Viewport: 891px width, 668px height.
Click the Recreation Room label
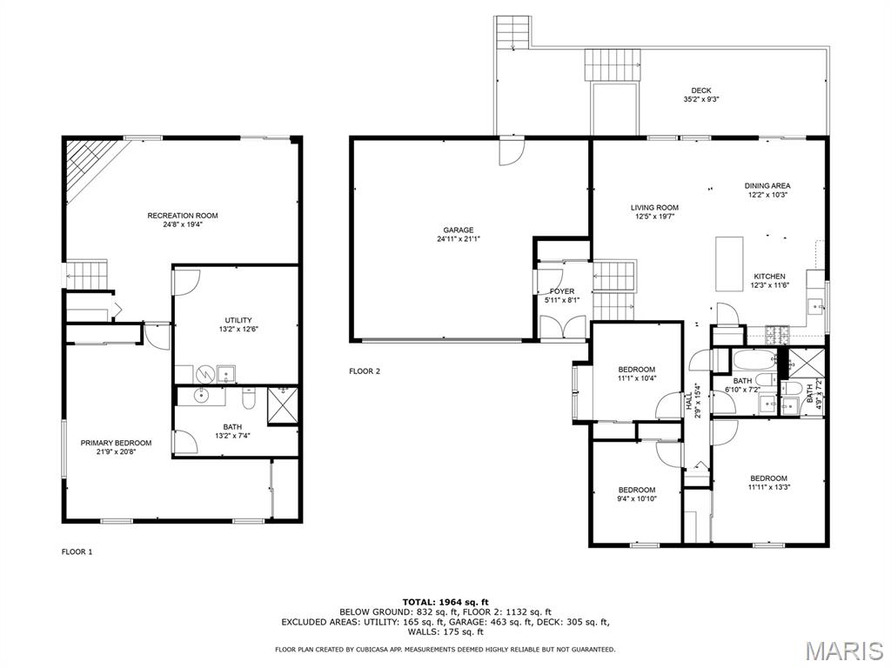pyautogui.click(x=182, y=216)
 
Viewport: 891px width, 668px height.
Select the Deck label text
pyautogui.click(x=700, y=90)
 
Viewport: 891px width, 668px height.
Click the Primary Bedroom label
pyautogui.click(x=116, y=443)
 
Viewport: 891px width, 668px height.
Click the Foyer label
pyautogui.click(x=562, y=291)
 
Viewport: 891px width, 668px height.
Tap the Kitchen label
pyautogui.click(x=769, y=277)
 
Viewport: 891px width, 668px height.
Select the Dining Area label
pyautogui.click(x=767, y=185)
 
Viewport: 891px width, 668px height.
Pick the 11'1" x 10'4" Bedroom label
pyautogui.click(x=636, y=370)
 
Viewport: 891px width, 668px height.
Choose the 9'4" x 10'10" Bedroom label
pyautogui.click(x=636, y=490)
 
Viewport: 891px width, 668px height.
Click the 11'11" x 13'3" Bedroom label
pyautogui.click(x=768, y=478)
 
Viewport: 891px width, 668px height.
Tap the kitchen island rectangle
pyautogui.click(x=729, y=263)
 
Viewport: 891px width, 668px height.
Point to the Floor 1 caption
pyautogui.click(x=77, y=551)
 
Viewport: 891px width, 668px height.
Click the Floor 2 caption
pyautogui.click(x=365, y=371)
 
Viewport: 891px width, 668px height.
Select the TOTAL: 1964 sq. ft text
pyautogui.click(x=445, y=602)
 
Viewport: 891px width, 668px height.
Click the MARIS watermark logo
pyautogui.click(x=843, y=650)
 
